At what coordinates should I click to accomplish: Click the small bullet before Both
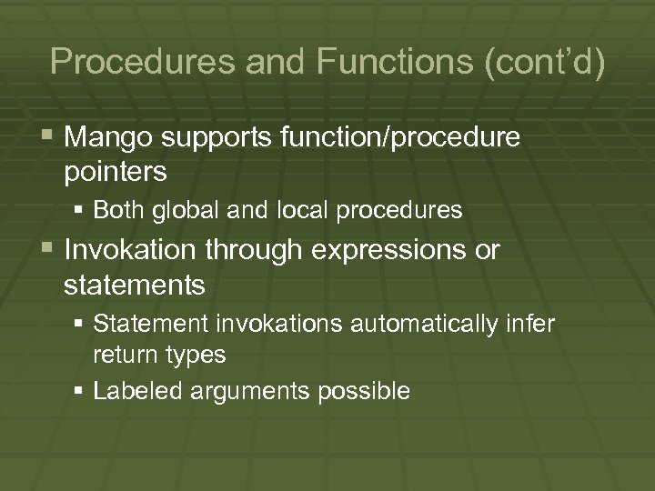[x=80, y=211]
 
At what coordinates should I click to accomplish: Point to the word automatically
[x=434, y=323]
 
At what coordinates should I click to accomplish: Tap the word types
[x=196, y=355]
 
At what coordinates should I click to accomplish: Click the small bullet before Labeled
[x=80, y=392]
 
